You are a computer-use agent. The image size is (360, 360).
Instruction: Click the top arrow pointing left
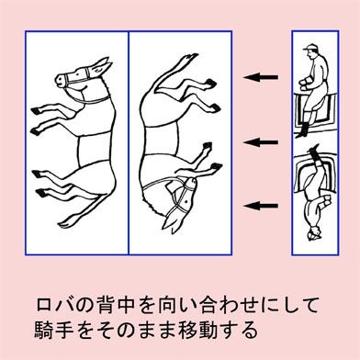pos(261,77)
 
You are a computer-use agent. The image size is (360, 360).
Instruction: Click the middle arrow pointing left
pos(261,142)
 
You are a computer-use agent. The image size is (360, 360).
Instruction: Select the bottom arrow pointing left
pos(261,206)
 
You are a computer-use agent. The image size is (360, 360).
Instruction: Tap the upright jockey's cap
pos(310,48)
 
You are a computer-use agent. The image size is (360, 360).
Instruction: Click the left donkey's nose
pos(60,80)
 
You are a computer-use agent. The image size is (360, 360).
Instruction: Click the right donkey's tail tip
pos(192,57)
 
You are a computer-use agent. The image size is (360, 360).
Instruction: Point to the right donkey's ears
pos(172,221)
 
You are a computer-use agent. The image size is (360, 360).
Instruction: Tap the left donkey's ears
pos(102,66)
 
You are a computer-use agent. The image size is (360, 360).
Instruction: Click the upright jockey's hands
pos(305,84)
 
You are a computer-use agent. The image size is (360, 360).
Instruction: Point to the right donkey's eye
pos(186,202)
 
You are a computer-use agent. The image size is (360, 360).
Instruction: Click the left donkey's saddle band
pos(94,151)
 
